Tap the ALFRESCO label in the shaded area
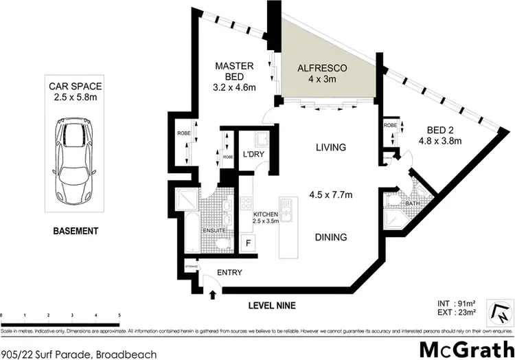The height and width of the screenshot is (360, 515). [x=322, y=69]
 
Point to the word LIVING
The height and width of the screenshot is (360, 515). [x=330, y=147]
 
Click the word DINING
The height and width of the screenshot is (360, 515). [x=330, y=237]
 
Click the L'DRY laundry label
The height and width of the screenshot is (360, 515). [x=254, y=155]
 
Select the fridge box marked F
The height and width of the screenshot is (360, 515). [x=248, y=243]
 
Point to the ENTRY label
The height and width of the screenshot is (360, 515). [x=229, y=273]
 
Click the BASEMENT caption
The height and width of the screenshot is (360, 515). [x=76, y=231]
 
